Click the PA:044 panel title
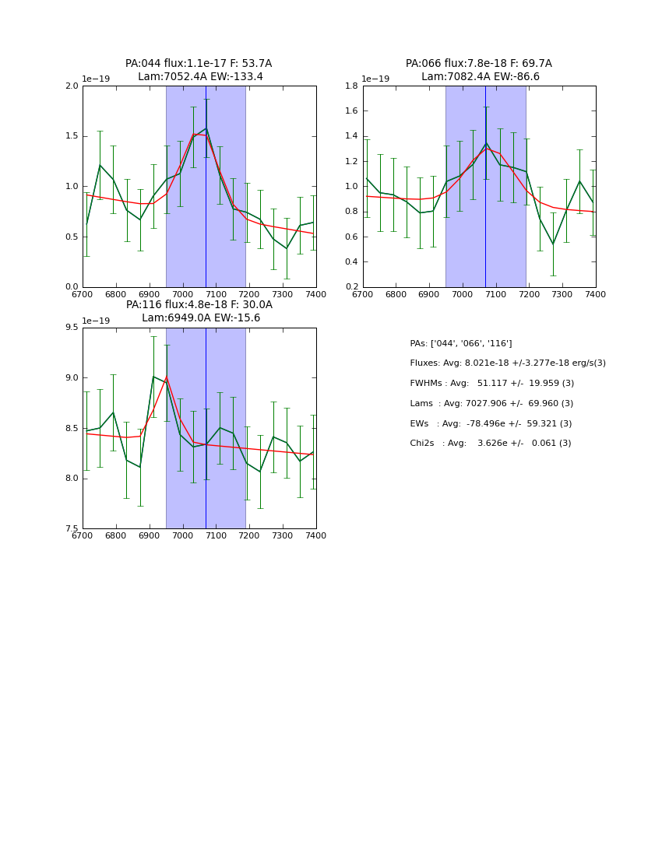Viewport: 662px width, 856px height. coord(199,64)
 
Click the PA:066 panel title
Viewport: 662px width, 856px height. coord(478,64)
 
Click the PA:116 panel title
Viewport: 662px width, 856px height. coord(199,305)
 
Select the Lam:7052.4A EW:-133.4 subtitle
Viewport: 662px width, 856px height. coord(200,77)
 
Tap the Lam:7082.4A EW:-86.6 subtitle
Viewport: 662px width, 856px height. coord(481,77)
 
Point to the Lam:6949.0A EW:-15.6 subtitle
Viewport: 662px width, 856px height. coord(201,318)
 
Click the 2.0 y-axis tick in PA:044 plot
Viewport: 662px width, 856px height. coord(72,86)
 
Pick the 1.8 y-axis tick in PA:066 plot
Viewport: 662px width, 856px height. coord(352,86)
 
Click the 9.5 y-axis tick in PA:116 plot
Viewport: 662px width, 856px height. coord(72,328)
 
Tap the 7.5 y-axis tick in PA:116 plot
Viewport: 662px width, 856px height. coord(72,528)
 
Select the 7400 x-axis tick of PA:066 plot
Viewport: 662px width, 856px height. coord(595,295)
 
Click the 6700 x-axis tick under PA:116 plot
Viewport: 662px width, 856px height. coord(83,536)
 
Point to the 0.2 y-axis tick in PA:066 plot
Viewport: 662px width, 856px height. coord(352,287)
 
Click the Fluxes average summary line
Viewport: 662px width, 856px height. coord(507,363)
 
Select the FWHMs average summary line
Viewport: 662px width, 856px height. coord(491,384)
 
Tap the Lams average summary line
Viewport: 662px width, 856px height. coord(491,404)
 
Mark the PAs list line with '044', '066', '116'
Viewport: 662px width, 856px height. coord(460,344)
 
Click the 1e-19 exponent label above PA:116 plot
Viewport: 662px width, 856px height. coord(96,321)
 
